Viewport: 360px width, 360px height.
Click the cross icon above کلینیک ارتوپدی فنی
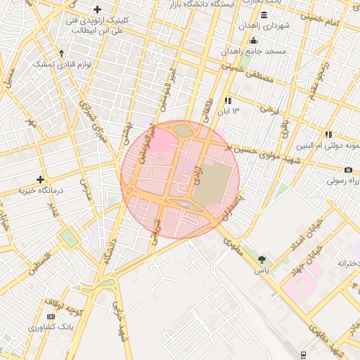[x=98, y=9]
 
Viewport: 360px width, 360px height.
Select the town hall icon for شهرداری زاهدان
[x=264, y=15]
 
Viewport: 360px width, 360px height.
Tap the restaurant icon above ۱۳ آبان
[x=227, y=101]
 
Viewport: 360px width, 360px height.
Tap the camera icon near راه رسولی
[x=348, y=170]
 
